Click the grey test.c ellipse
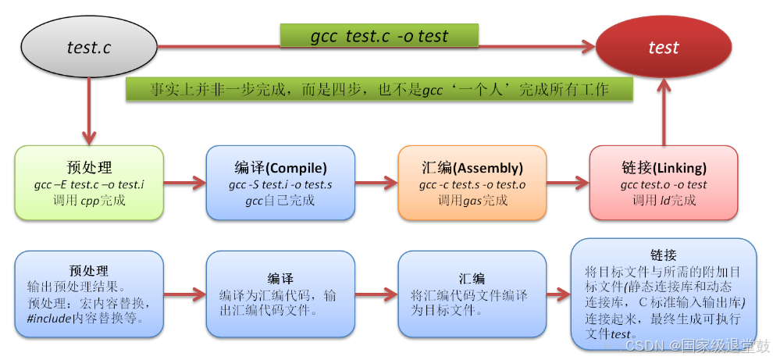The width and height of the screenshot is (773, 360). coord(88,47)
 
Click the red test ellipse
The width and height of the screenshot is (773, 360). coord(663,47)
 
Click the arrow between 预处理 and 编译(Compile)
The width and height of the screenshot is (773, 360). coord(184,185)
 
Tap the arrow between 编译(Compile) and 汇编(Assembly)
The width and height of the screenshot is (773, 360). coord(376,185)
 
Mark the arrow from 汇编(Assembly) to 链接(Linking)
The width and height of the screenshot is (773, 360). coord(568,185)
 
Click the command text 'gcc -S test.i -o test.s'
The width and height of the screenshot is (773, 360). coord(280,185)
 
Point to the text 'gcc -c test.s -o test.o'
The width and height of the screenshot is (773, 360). coord(472,185)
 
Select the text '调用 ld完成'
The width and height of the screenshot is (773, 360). coord(663,200)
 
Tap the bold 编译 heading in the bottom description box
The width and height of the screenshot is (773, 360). coord(280,279)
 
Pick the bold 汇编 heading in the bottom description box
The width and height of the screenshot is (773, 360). coord(472,279)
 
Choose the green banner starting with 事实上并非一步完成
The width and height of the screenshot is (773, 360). coord(379,89)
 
